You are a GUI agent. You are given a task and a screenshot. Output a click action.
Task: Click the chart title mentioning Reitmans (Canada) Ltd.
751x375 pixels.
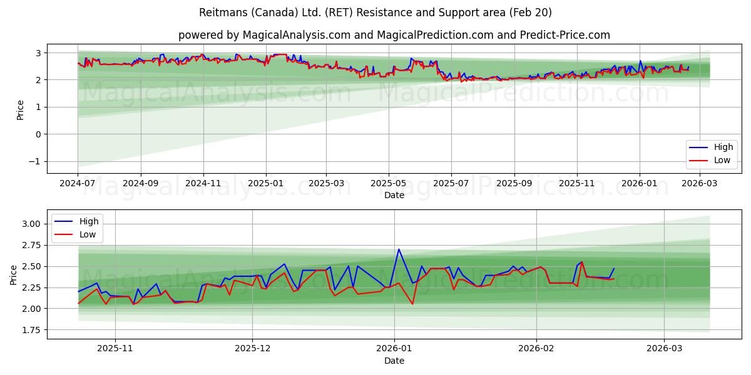click(375, 12)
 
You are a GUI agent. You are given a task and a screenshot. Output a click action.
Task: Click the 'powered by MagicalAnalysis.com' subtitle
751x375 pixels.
click(394, 35)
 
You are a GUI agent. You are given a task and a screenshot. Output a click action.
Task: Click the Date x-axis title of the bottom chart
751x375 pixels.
click(394, 361)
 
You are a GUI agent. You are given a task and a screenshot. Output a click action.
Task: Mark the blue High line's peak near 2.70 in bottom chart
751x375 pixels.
click(399, 249)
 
